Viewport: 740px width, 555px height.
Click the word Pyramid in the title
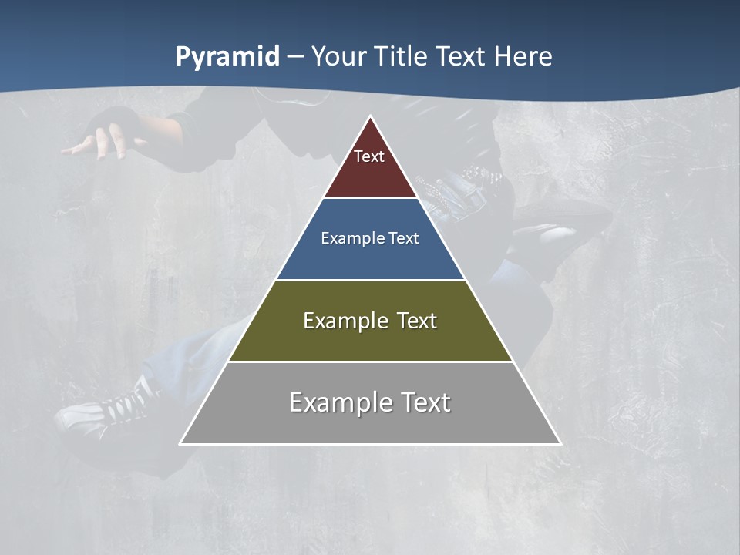[x=227, y=57]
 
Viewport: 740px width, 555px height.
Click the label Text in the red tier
[x=369, y=156]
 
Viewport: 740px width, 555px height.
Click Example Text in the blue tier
[x=370, y=238]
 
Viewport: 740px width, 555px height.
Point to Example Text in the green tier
[x=370, y=321]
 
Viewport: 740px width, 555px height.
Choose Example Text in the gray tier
[x=370, y=402]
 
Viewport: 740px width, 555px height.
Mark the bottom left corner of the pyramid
[x=181, y=443]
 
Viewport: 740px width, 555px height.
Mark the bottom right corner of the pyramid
[x=560, y=443]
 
